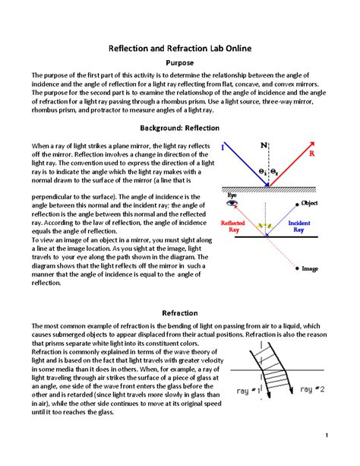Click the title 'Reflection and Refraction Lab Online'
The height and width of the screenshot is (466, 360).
180,48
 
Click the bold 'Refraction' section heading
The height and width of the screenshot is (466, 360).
180,312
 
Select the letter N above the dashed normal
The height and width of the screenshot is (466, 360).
264,144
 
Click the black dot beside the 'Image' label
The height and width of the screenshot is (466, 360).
296,268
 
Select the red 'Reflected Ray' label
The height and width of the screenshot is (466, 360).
232,226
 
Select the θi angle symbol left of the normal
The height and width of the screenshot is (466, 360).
260,173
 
